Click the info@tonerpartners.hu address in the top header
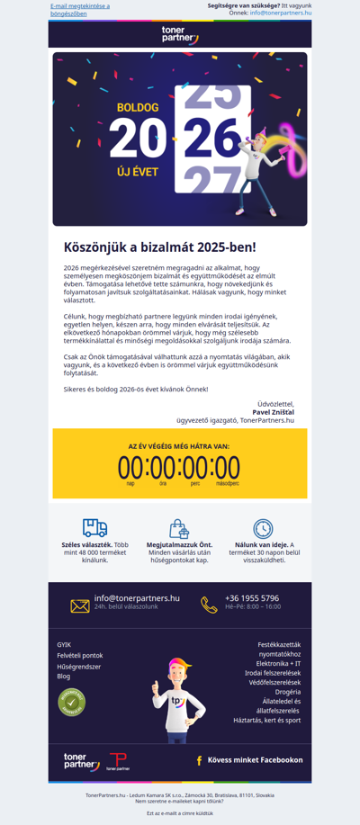click(x=281, y=13)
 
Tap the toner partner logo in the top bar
click(x=180, y=34)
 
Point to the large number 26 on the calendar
click(x=211, y=138)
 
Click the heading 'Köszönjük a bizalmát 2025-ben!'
click(x=159, y=247)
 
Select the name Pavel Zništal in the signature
click(x=274, y=412)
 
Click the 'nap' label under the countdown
click(x=130, y=483)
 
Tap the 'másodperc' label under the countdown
click(x=227, y=483)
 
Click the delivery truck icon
click(x=94, y=528)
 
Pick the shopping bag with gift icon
click(x=179, y=529)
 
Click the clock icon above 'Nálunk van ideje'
click(x=263, y=529)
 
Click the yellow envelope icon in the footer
click(x=80, y=605)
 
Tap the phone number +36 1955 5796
click(x=252, y=598)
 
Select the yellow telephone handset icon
click(x=209, y=605)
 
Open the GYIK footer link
click(x=64, y=644)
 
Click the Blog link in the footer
click(x=63, y=676)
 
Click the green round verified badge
click(x=71, y=702)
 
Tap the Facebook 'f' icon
click(x=199, y=760)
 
